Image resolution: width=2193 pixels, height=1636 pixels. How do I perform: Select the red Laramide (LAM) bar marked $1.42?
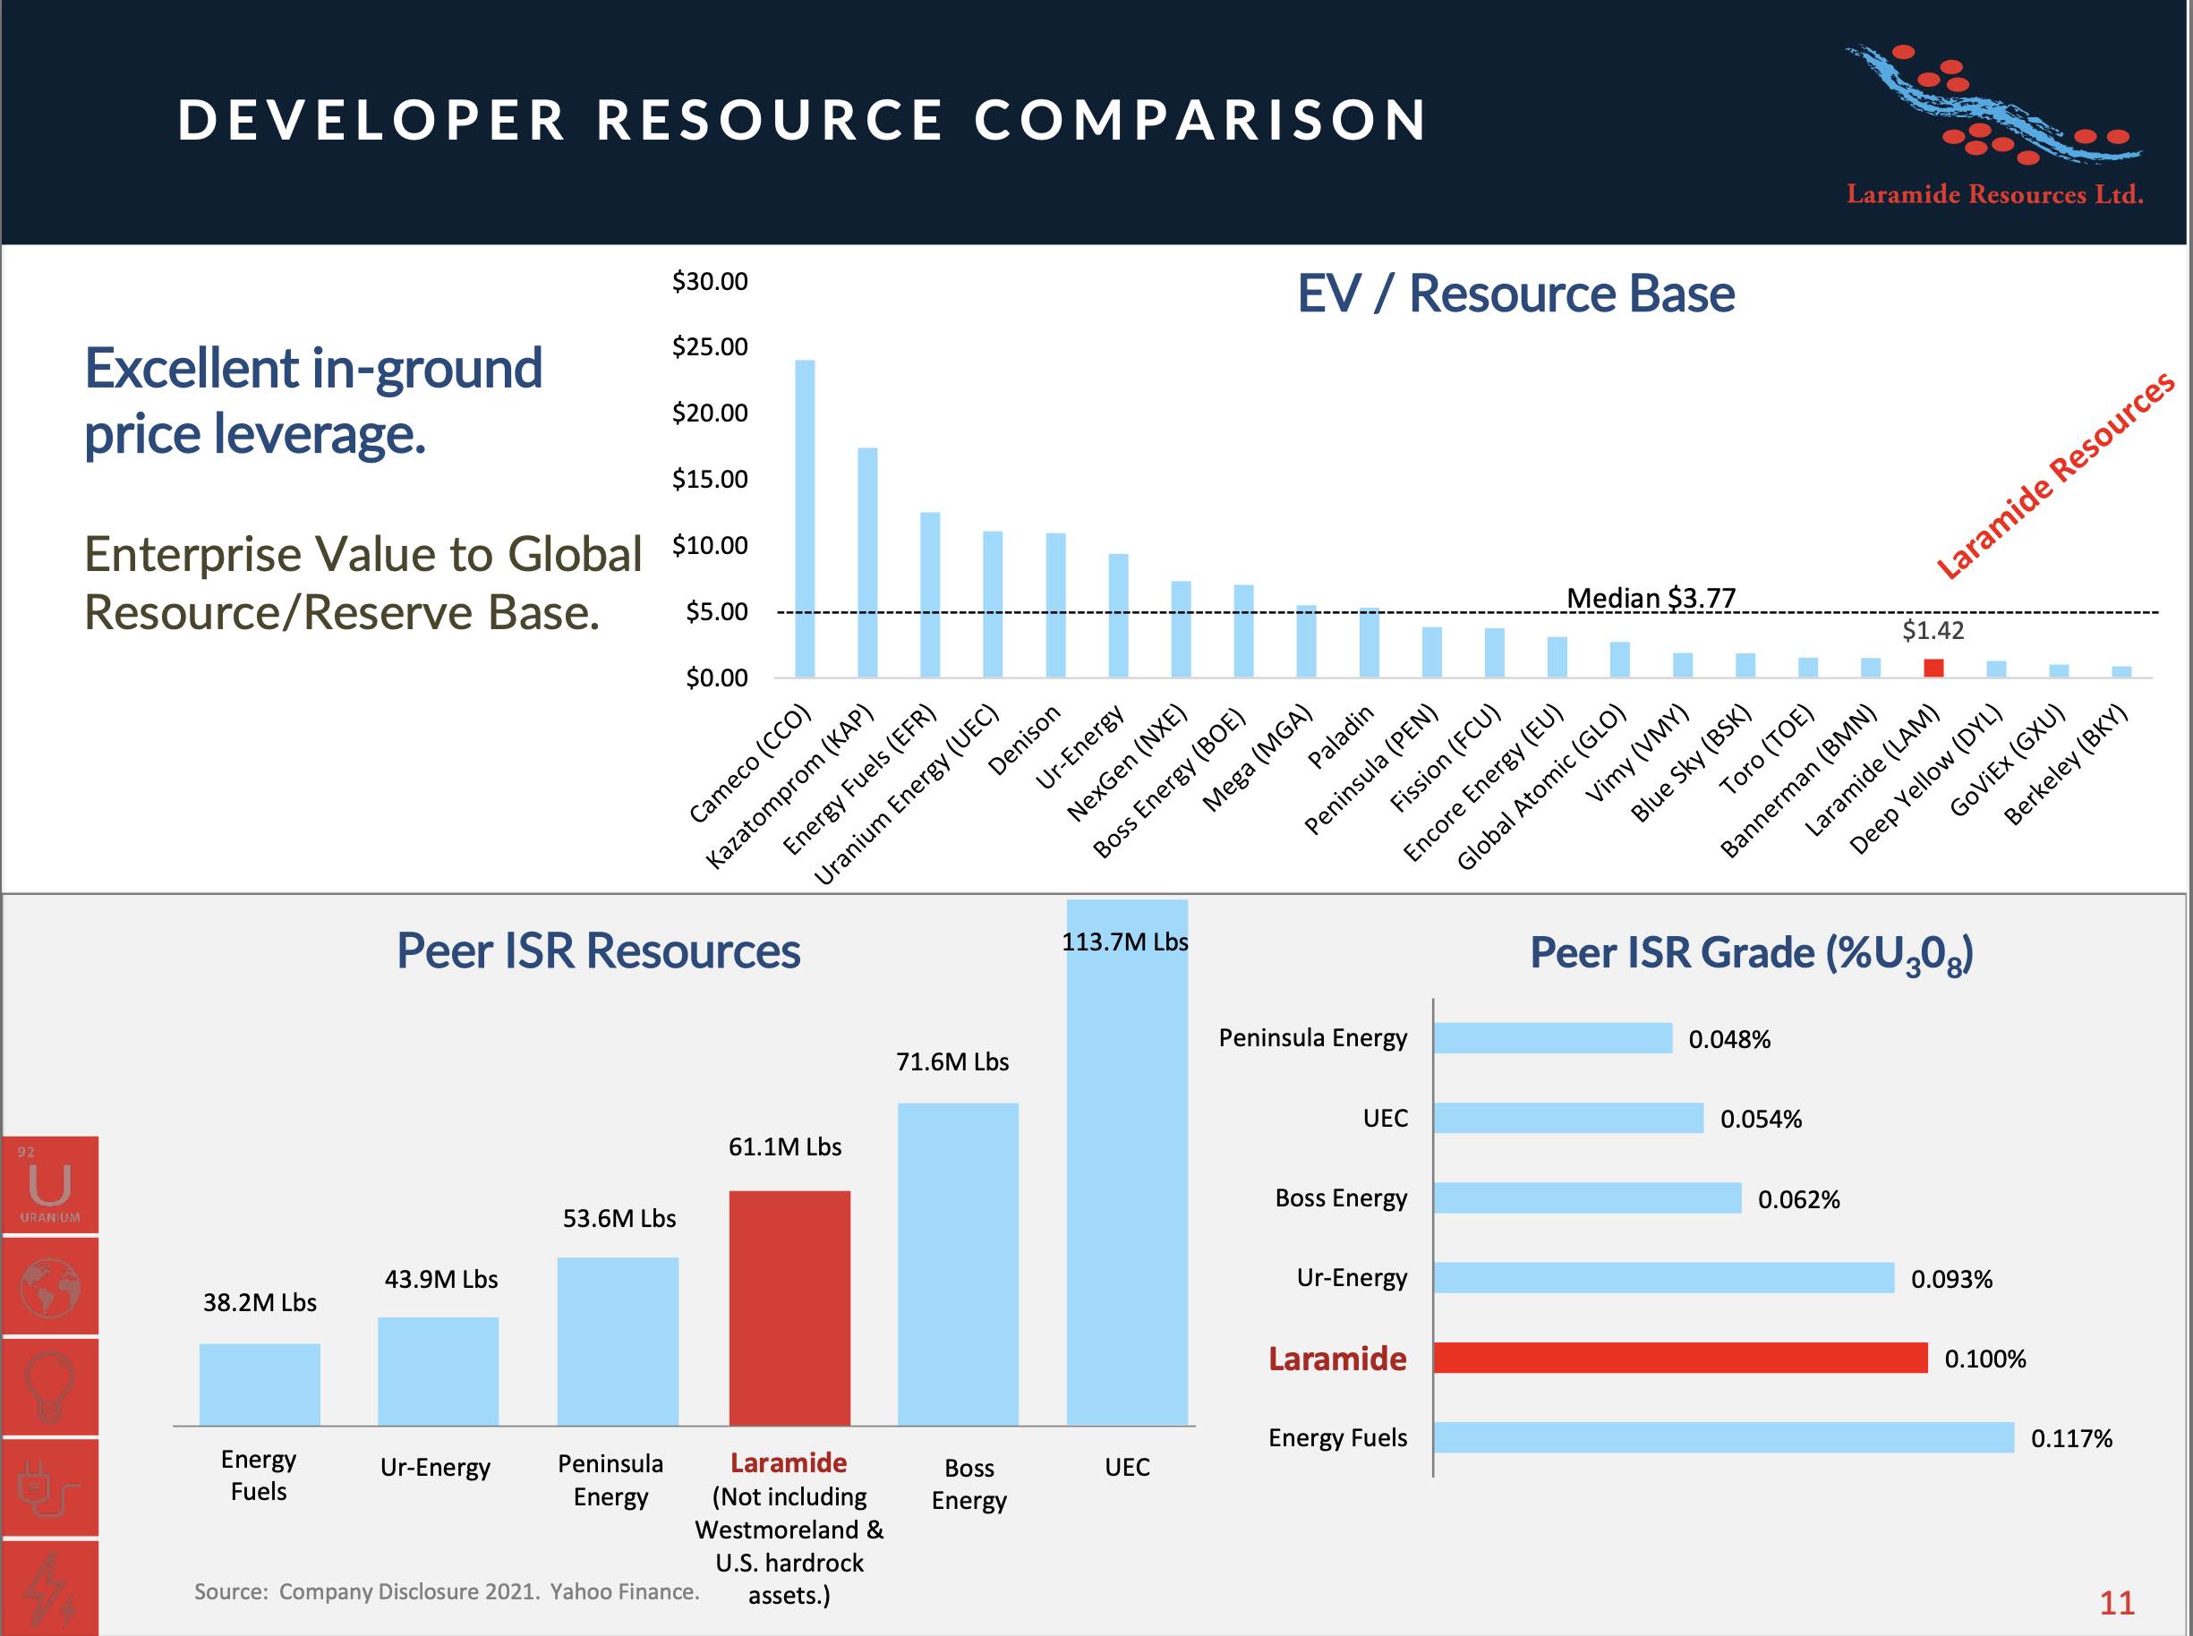click(x=1933, y=668)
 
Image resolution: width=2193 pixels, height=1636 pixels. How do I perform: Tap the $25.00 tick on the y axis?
click(x=710, y=347)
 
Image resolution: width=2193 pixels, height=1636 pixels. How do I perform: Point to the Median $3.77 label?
click(x=1651, y=598)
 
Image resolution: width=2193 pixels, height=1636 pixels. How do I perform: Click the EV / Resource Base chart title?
click(x=1515, y=294)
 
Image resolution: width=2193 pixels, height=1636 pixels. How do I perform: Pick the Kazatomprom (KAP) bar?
click(x=867, y=563)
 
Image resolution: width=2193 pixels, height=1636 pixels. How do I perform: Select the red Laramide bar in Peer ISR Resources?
click(x=789, y=1308)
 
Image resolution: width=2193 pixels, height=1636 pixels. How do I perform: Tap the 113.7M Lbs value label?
click(x=1124, y=942)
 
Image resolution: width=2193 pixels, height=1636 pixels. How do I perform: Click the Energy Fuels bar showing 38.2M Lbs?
click(x=260, y=1384)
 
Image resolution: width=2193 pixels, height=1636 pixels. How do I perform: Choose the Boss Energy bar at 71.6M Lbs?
click(x=957, y=1264)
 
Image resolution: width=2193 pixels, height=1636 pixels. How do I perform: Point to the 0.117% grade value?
click(x=2071, y=1438)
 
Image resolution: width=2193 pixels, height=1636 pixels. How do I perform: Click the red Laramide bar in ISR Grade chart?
click(x=1680, y=1358)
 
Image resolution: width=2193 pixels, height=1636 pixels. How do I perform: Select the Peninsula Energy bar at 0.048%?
click(x=1552, y=1038)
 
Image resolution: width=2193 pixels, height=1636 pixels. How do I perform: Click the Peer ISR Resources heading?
click(x=598, y=950)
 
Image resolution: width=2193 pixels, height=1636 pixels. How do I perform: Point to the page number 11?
click(x=2117, y=1602)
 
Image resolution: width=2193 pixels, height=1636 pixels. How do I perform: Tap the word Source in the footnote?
click(x=231, y=1592)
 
